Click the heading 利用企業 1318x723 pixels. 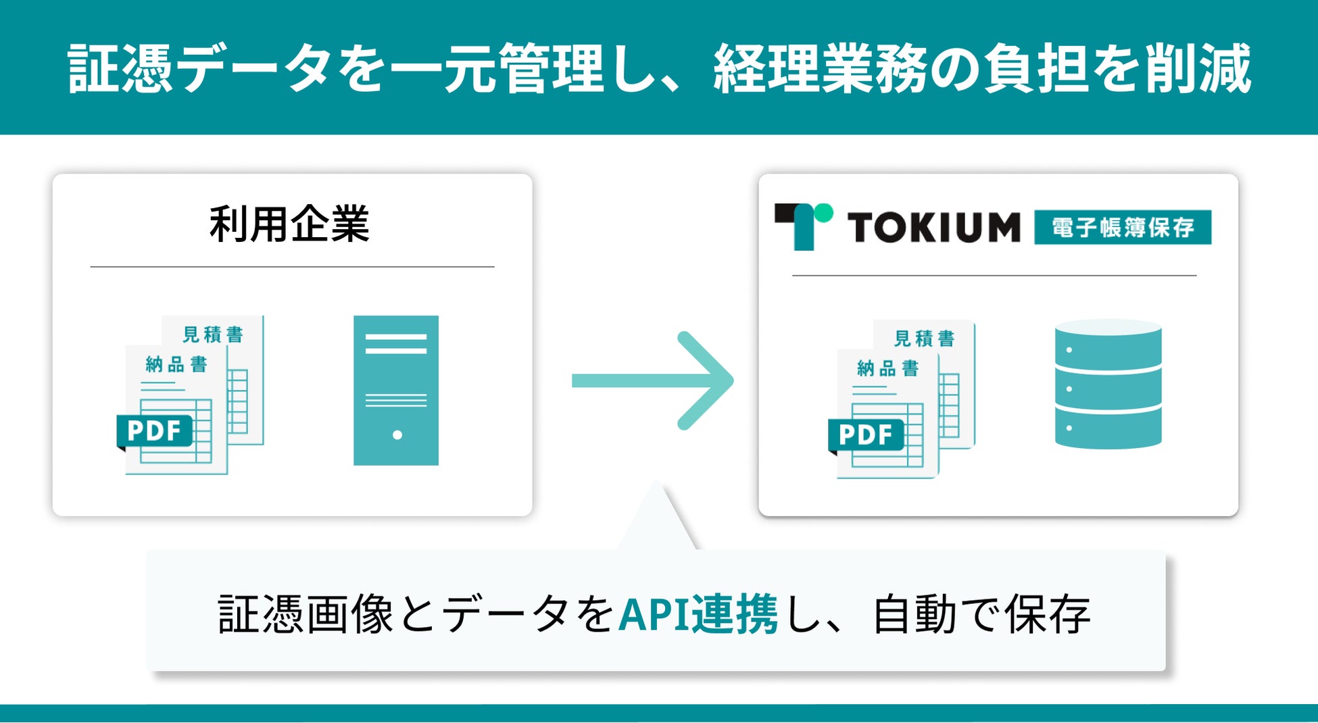coord(289,224)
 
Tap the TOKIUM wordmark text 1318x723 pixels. coord(933,227)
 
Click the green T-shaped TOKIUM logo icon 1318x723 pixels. coord(804,226)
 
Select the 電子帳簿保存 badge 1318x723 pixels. coord(1122,227)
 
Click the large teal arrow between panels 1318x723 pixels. coord(652,380)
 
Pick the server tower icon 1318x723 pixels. coord(396,390)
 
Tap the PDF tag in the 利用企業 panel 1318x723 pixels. coord(154,430)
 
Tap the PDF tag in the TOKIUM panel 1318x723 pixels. coord(865,434)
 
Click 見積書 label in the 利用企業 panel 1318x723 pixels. coord(213,334)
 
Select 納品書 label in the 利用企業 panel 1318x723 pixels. coord(176,365)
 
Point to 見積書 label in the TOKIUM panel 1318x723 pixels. coord(924,339)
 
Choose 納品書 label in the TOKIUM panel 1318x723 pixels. coord(887,368)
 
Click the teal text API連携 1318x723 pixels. coord(698,614)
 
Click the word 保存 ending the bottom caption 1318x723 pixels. coord(1047,614)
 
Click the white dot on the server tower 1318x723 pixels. coord(397,435)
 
